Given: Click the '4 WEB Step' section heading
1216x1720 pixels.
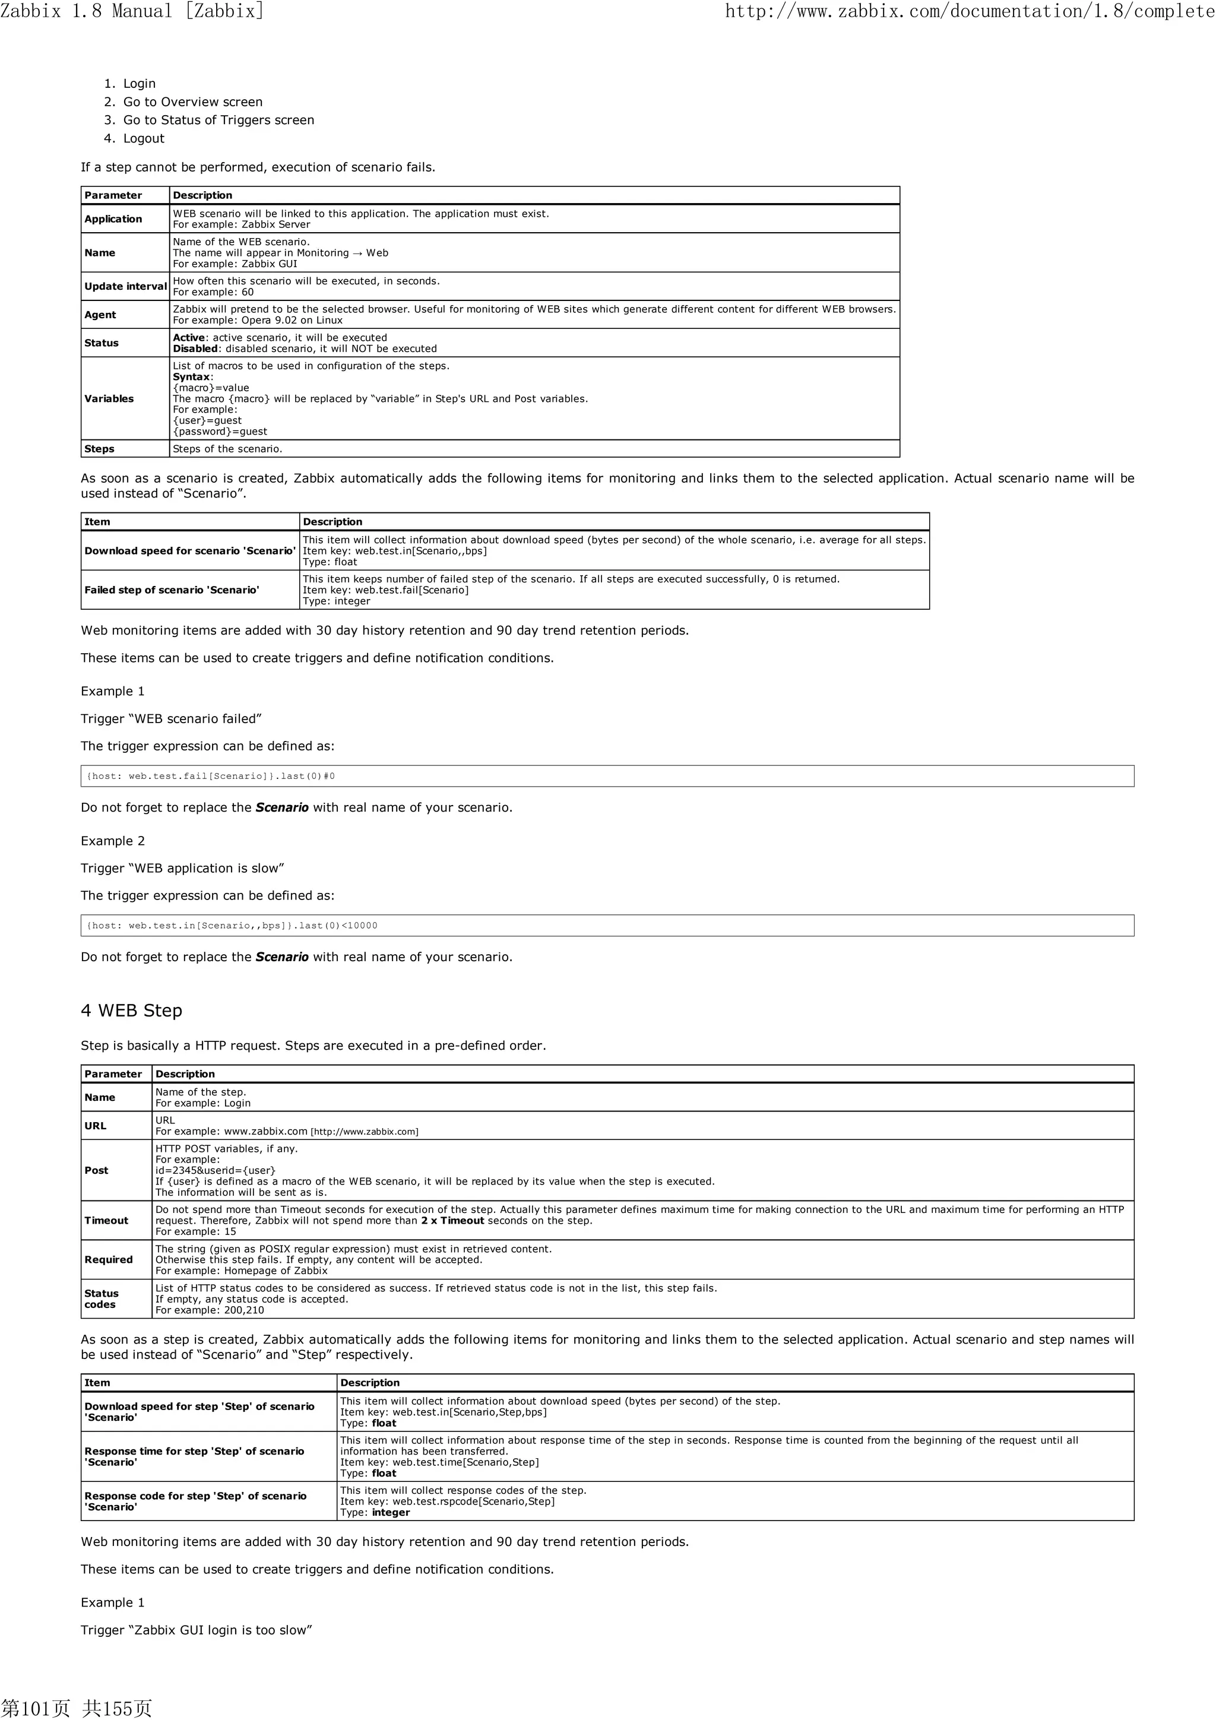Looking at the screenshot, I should click(x=131, y=1011).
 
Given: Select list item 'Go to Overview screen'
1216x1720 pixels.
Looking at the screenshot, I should click(x=192, y=102).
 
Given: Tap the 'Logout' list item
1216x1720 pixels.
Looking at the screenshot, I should click(x=143, y=138).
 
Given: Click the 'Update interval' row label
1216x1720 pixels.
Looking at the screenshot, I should click(x=125, y=286).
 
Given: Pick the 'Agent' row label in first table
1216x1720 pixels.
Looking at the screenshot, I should click(x=100, y=315).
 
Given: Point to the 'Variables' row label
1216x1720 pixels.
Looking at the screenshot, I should click(x=109, y=398).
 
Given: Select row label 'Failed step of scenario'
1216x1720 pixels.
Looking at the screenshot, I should click(x=172, y=590).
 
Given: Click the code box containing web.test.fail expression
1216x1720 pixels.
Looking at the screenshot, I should click(x=607, y=776).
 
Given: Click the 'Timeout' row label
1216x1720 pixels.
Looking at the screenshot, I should click(x=106, y=1220).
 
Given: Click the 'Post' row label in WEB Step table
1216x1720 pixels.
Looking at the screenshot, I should click(x=96, y=1170).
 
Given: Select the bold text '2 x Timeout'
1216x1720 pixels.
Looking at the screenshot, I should click(x=452, y=1220).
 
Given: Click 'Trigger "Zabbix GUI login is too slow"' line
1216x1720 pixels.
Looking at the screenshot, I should click(x=197, y=1630).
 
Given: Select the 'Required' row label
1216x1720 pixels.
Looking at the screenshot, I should click(x=108, y=1259).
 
